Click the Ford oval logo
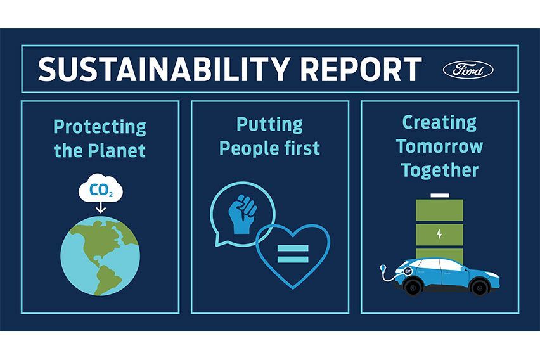tap(468, 69)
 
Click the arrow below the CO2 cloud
tap(100, 207)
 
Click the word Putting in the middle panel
tap(269, 124)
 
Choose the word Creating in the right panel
tap(439, 121)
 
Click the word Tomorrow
tap(439, 146)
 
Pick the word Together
tap(439, 170)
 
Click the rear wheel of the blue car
tap(415, 287)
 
